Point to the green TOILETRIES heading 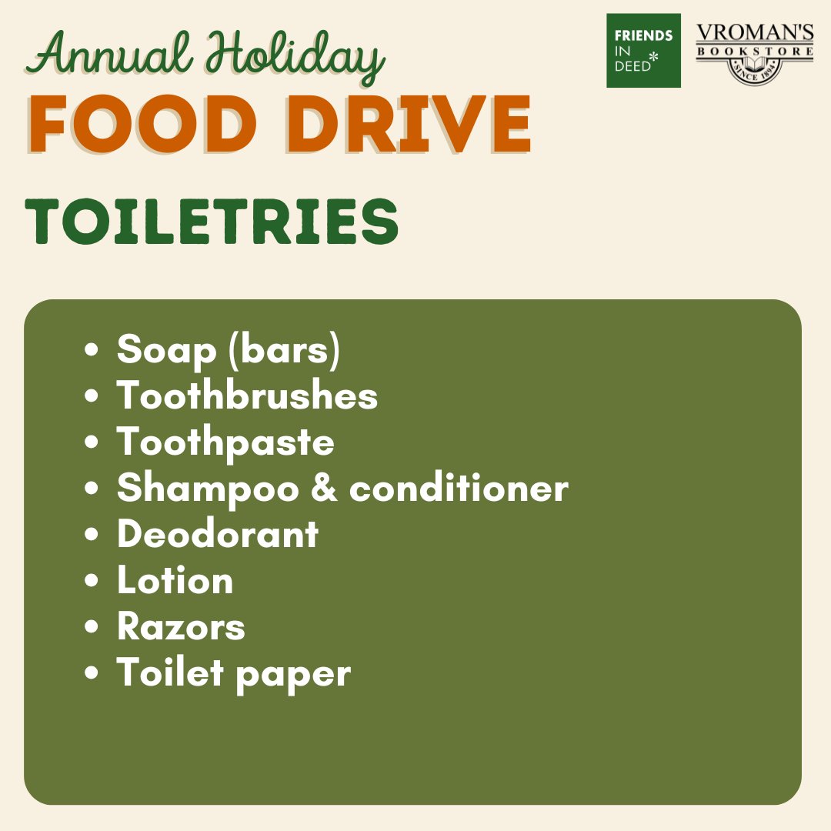click(212, 222)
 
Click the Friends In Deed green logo click(643, 50)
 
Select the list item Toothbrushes click(247, 396)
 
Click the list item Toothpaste click(225, 442)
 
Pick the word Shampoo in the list click(208, 489)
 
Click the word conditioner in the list click(459, 489)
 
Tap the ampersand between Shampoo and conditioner click(324, 489)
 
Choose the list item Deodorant click(218, 535)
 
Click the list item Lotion click(175, 581)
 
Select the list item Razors click(181, 627)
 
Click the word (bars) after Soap click(284, 351)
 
